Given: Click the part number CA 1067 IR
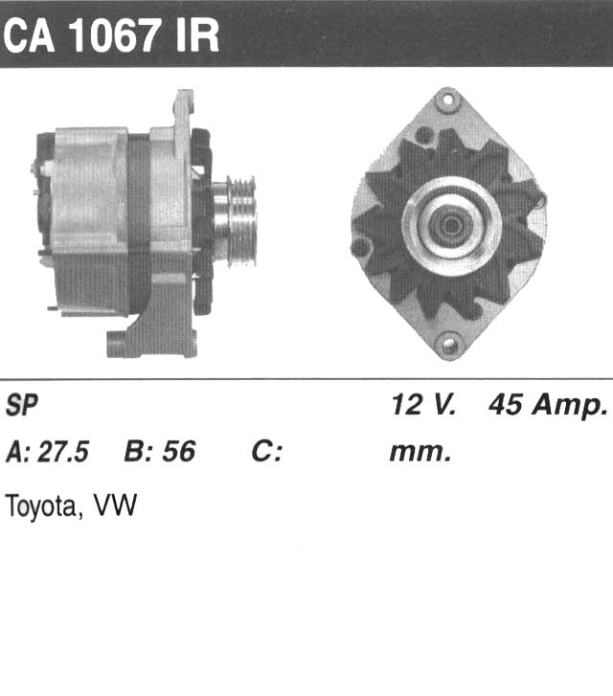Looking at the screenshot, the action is pos(111,36).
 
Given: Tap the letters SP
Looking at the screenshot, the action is pos(22,405).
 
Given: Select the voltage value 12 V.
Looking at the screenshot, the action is pos(423,404).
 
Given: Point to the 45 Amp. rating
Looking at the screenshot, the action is pos(548,406).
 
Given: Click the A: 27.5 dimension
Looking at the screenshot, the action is pos(48,452).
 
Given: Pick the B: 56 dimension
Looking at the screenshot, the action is pos(159,452).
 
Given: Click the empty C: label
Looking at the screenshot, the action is pos(266,452).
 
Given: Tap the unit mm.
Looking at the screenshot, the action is pos(420,453).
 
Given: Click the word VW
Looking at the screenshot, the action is pos(115,505).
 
